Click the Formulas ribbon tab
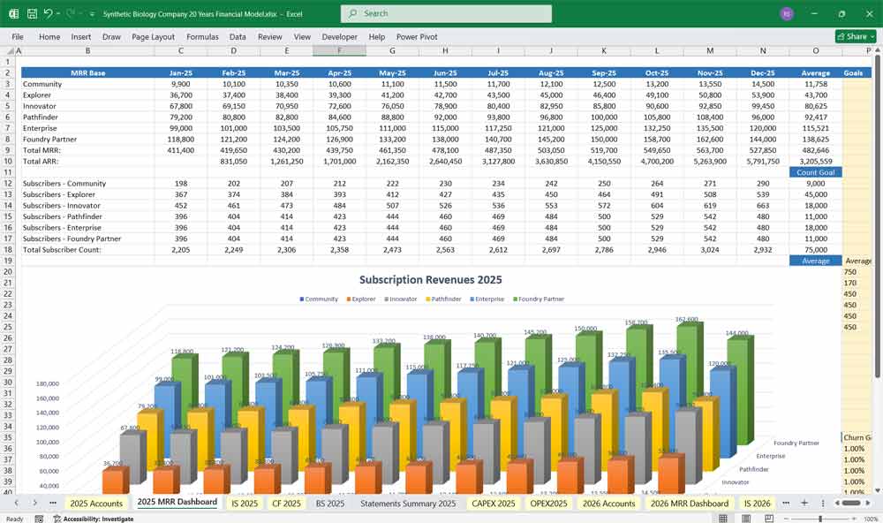tap(202, 37)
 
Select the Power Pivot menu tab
tap(417, 37)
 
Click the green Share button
tap(852, 37)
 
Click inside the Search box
tap(446, 13)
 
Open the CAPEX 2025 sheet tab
tap(494, 503)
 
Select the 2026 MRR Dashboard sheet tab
tap(689, 503)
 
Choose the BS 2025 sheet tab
tap(330, 503)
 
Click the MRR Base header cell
tap(87, 72)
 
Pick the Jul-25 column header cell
tap(497, 72)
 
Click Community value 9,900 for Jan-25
tap(180, 84)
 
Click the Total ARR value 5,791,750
tap(762, 162)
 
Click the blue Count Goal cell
tap(815, 172)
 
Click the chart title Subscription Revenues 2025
tap(430, 280)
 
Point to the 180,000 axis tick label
tap(47, 384)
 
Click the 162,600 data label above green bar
tap(687, 319)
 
